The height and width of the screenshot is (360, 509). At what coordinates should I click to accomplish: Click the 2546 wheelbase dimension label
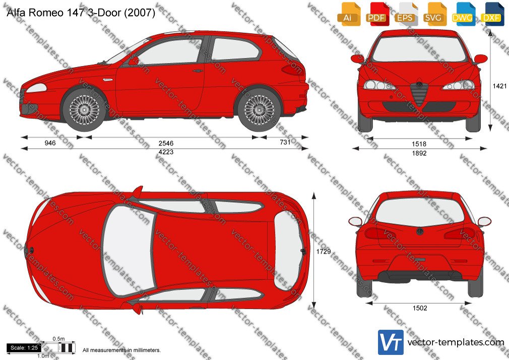click(x=166, y=143)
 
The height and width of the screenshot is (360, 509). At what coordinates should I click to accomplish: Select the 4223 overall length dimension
click(x=166, y=152)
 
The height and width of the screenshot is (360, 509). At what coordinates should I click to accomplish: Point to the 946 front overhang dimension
click(x=50, y=143)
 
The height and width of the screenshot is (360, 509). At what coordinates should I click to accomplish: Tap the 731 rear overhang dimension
click(x=285, y=142)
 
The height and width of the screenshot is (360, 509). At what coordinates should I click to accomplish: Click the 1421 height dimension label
click(x=499, y=86)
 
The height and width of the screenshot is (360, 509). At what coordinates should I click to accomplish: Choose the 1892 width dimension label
click(x=419, y=153)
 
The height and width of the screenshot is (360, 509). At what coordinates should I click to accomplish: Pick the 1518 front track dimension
click(x=419, y=144)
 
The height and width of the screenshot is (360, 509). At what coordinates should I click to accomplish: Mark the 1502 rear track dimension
click(x=420, y=308)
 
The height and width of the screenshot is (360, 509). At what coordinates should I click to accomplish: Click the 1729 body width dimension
click(x=324, y=251)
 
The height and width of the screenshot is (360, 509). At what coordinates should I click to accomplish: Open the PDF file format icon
click(x=376, y=14)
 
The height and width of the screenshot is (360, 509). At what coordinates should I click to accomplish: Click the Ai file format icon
click(x=348, y=14)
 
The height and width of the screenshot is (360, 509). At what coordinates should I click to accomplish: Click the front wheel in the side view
click(x=84, y=109)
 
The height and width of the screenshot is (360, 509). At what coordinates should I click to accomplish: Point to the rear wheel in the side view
click(x=259, y=109)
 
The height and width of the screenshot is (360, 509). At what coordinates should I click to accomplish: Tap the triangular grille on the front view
click(x=419, y=94)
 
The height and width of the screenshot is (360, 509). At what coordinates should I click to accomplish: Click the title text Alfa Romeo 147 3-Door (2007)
click(x=81, y=12)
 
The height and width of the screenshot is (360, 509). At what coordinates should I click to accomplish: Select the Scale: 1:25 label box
click(x=24, y=348)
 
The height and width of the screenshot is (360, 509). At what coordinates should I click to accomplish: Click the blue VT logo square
click(x=391, y=342)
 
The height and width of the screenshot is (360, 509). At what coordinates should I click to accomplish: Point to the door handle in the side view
click(x=198, y=71)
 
